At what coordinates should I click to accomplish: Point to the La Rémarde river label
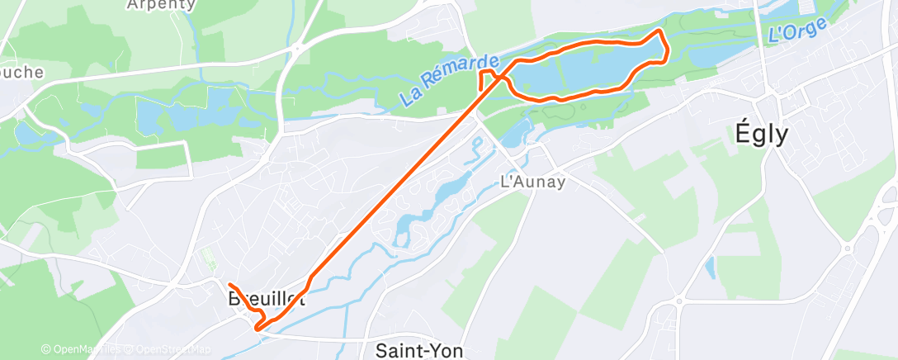[450, 80]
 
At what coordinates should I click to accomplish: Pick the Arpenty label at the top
[161, 4]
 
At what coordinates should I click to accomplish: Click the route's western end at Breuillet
[228, 285]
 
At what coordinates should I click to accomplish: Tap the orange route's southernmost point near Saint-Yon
[258, 329]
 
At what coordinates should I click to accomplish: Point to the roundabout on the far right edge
[847, 247]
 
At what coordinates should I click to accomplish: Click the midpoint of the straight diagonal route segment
[395, 178]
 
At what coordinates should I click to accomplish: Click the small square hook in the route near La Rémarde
[485, 78]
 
